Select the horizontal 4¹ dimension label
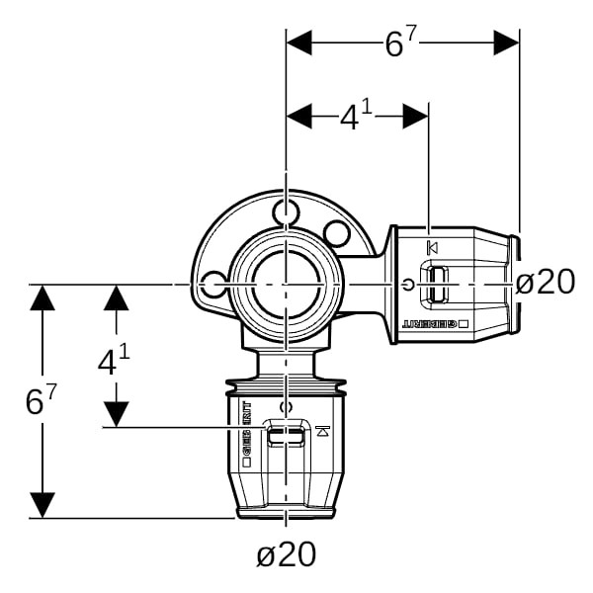(355, 118)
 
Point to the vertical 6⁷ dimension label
(41, 400)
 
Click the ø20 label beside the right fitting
(546, 283)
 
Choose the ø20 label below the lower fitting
(287, 554)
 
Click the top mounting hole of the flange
(286, 212)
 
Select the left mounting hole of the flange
(212, 286)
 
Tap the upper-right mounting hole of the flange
(337, 234)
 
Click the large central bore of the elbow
(285, 285)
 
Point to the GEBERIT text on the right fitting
(434, 325)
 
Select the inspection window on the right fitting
(436, 285)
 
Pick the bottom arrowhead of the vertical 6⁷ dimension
(42, 504)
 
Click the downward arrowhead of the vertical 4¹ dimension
(117, 413)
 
